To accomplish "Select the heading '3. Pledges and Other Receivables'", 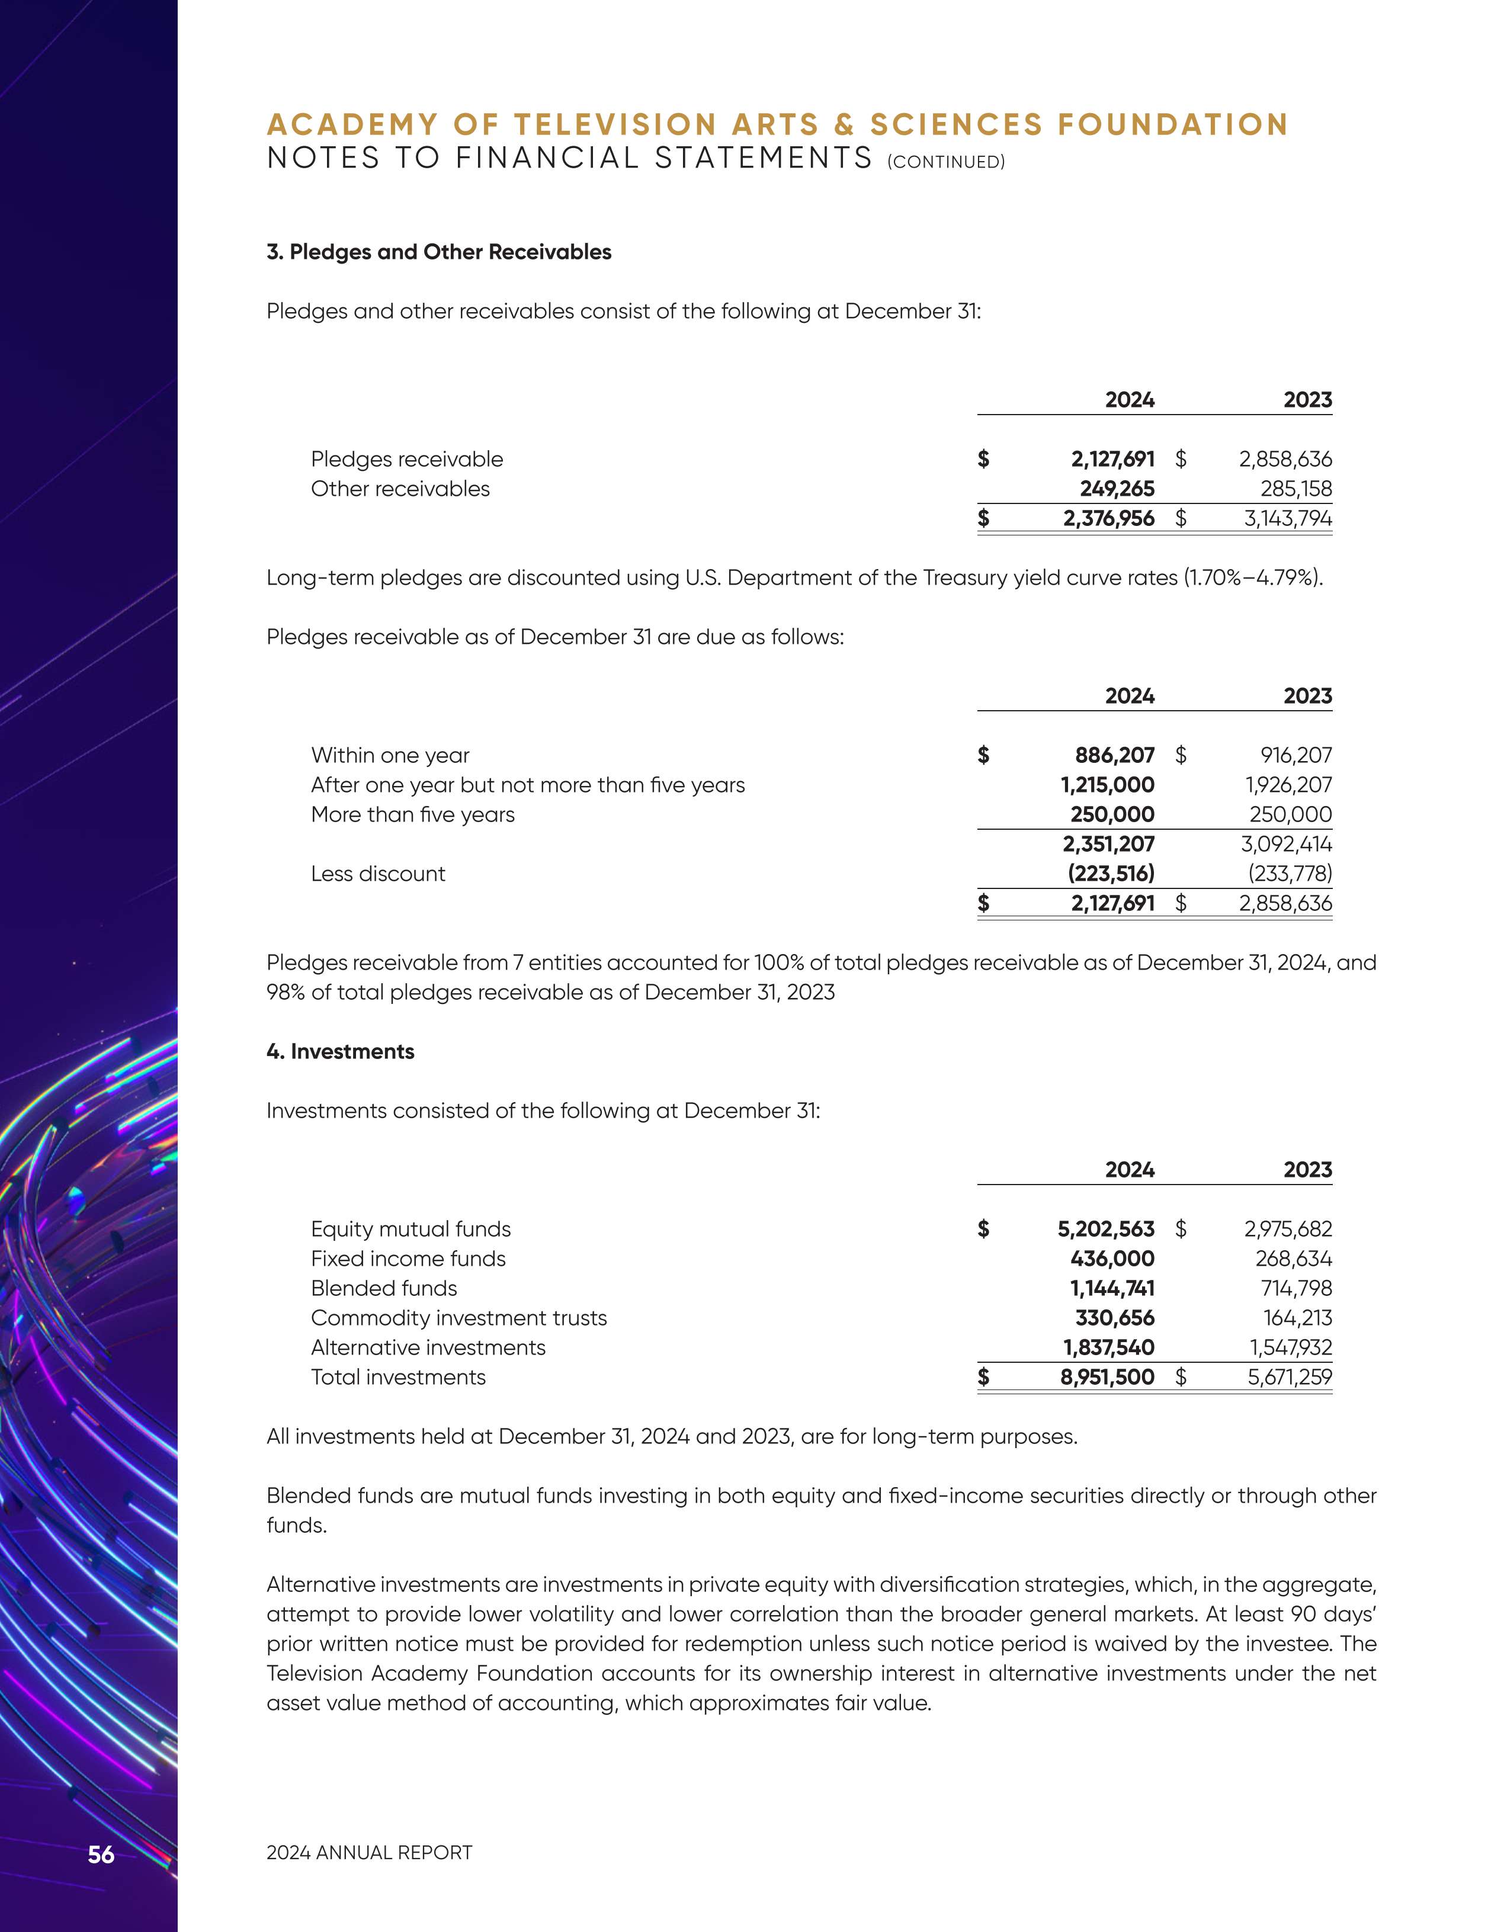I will click(x=439, y=252).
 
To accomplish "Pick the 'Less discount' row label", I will click(x=378, y=874).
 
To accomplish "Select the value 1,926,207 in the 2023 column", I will click(x=1287, y=785).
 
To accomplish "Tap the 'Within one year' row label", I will click(x=390, y=756).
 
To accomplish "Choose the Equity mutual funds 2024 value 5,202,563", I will click(x=1106, y=1229).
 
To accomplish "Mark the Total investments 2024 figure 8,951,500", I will click(x=1107, y=1378).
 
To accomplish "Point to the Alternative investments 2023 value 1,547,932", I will click(x=1287, y=1347).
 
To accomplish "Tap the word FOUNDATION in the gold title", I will click(x=1173, y=125).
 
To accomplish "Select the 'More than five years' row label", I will click(x=412, y=815).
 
